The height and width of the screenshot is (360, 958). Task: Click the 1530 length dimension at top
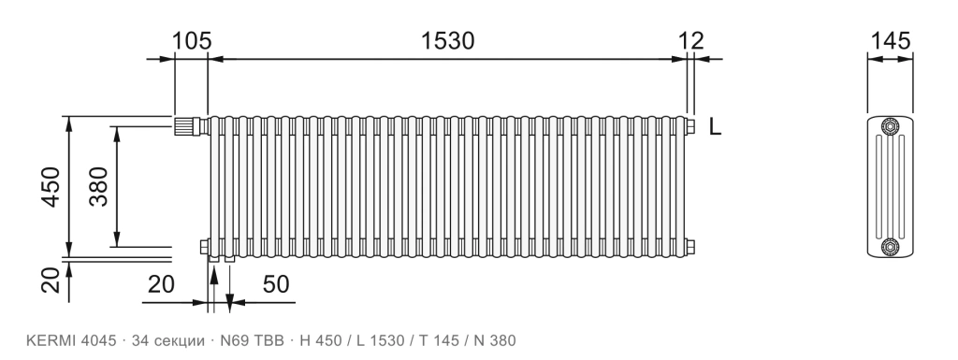pos(447,41)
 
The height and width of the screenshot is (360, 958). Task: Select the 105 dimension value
pos(191,41)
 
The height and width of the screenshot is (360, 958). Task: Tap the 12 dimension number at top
pos(691,41)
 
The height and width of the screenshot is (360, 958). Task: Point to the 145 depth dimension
pos(891,41)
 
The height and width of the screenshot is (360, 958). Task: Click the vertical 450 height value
pos(51,187)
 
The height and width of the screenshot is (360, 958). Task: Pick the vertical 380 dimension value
pos(98,187)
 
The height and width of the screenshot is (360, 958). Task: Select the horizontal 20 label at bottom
pos(161,283)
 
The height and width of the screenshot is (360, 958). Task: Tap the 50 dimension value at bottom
pos(276,283)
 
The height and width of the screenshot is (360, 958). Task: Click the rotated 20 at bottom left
pos(51,281)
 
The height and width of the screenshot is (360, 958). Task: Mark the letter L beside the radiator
pos(716,127)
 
